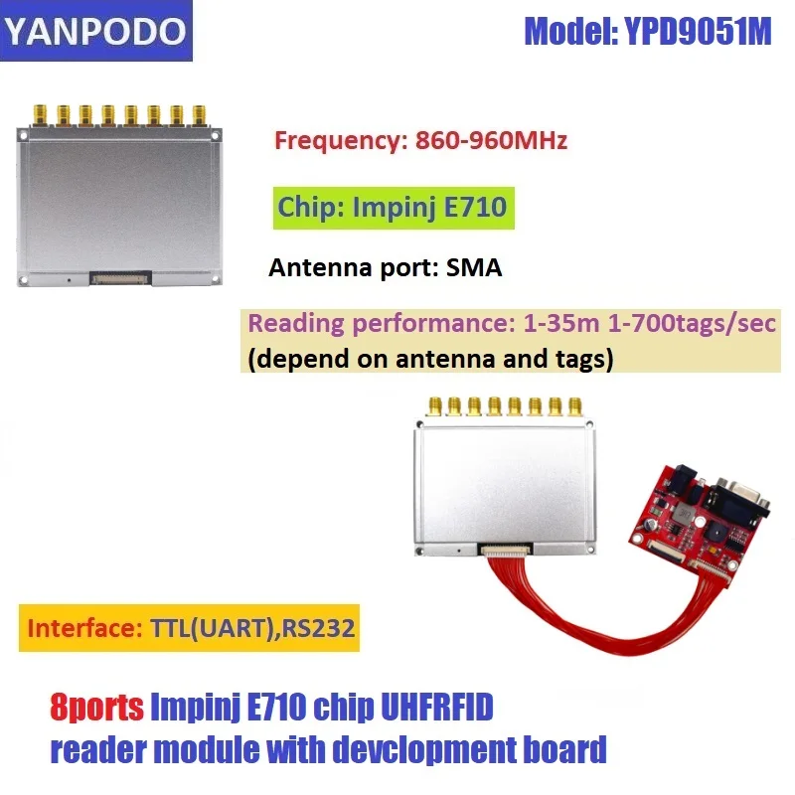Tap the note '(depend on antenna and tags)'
pos(428,358)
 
